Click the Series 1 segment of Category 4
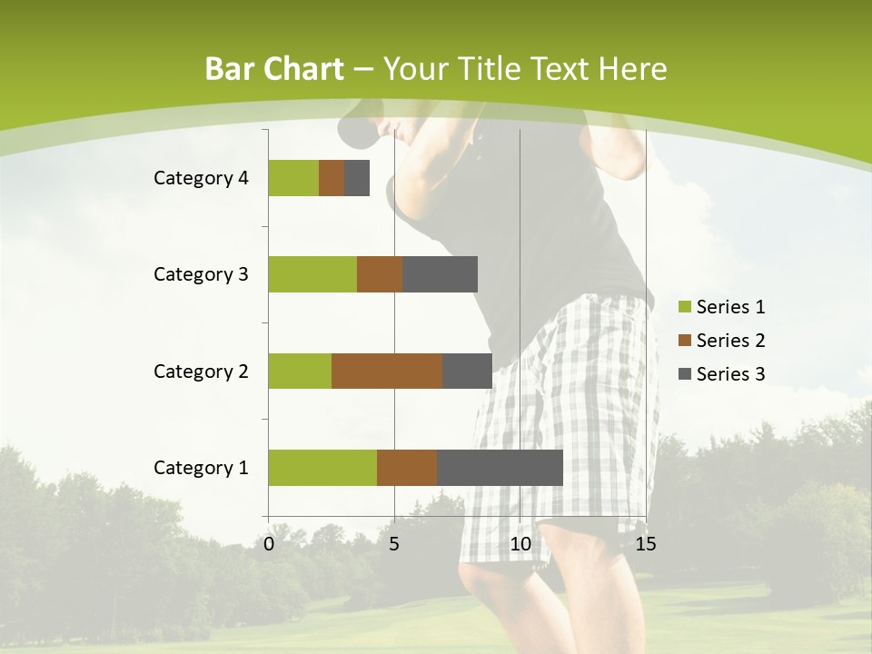pos(293,178)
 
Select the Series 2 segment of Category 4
pos(332,178)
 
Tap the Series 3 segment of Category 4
pos(357,178)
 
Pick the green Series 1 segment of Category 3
pos(312,274)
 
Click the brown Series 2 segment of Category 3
pos(380,274)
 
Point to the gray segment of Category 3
pos(441,274)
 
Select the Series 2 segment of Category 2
pos(387,371)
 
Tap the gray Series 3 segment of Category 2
pos(467,371)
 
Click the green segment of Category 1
pos(322,468)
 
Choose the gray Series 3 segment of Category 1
pos(500,468)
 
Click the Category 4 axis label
pos(201,178)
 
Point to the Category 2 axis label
pos(201,371)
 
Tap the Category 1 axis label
pos(201,468)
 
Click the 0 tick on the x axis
pos(269,544)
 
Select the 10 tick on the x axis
pos(520,544)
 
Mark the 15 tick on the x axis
pos(646,544)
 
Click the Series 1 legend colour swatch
pos(685,307)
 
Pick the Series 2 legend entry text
pos(730,341)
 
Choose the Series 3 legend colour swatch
pos(685,374)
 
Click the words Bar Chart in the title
pos(274,69)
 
